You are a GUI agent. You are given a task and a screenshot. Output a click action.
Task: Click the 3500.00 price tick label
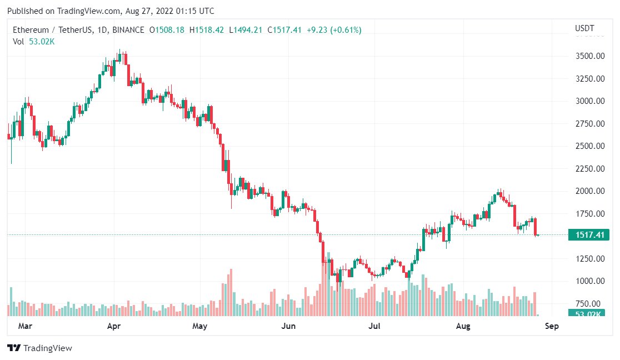point(589,56)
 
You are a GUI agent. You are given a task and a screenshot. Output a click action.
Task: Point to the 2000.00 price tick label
point(589,191)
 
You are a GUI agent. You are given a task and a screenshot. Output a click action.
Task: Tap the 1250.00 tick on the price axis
point(589,259)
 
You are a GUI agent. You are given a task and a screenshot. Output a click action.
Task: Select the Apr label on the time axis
point(114,326)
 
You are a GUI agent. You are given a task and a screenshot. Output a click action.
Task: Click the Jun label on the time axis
point(288,326)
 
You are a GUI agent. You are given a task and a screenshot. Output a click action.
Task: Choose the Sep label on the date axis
point(551,326)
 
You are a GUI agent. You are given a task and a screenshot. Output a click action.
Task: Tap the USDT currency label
point(584,28)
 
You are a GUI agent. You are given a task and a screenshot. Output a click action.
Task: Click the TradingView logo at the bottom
point(40,348)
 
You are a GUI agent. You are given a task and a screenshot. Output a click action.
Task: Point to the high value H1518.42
point(207,30)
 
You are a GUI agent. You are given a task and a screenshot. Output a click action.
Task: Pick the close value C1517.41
point(284,30)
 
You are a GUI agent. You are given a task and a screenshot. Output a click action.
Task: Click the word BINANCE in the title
point(128,30)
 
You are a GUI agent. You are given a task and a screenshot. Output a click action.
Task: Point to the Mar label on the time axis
point(25,326)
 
